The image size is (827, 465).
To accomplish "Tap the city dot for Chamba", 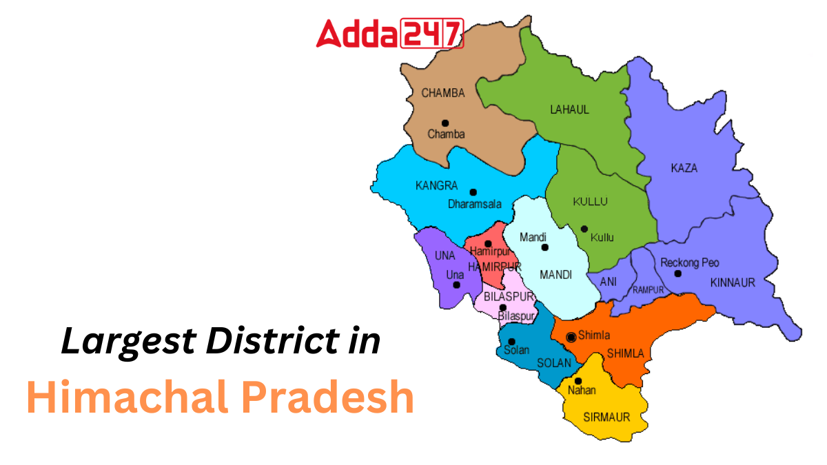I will tap(445, 123).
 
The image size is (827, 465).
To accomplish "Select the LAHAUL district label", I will tap(569, 110).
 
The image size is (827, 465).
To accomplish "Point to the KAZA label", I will tap(684, 168).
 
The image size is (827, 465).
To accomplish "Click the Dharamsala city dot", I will tap(473, 192).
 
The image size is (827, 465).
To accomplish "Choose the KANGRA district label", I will tap(436, 186).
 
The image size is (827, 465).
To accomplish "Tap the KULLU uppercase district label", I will tap(590, 202).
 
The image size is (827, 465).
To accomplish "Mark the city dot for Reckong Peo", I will tap(677, 273).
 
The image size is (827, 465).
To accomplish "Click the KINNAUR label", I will tap(733, 282).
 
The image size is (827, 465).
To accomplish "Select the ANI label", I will tap(608, 282).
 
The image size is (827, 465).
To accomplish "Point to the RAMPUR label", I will tap(649, 290).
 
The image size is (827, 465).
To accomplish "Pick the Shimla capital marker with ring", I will tap(571, 337).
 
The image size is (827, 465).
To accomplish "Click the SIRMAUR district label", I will tap(606, 417).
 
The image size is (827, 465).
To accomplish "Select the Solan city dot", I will tap(511, 341).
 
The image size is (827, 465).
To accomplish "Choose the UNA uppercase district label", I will tap(445, 256).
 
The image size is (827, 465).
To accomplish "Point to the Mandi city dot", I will tap(544, 247).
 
